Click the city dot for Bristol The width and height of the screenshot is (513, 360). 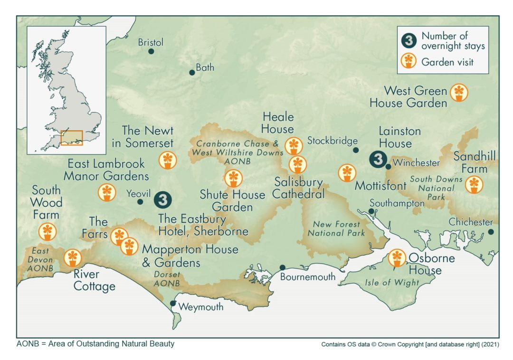[151, 51]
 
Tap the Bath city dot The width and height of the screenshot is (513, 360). [192, 73]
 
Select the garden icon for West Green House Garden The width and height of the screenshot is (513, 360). [458, 93]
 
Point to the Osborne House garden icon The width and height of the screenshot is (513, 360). [397, 258]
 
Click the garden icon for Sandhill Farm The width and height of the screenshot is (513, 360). [474, 184]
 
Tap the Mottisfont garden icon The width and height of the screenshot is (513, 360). [347, 173]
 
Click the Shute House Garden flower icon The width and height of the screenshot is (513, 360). [233, 179]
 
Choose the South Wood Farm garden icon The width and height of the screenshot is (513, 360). [47, 231]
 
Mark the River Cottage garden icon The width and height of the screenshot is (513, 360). [72, 258]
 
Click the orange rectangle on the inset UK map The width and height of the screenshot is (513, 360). [72, 138]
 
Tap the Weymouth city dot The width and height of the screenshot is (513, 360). [173, 303]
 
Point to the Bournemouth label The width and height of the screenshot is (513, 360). [307, 277]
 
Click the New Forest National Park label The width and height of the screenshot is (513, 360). [336, 228]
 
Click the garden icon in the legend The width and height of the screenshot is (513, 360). [408, 61]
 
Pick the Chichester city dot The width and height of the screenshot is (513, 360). [491, 232]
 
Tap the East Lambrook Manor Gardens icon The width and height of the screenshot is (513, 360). [106, 192]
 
